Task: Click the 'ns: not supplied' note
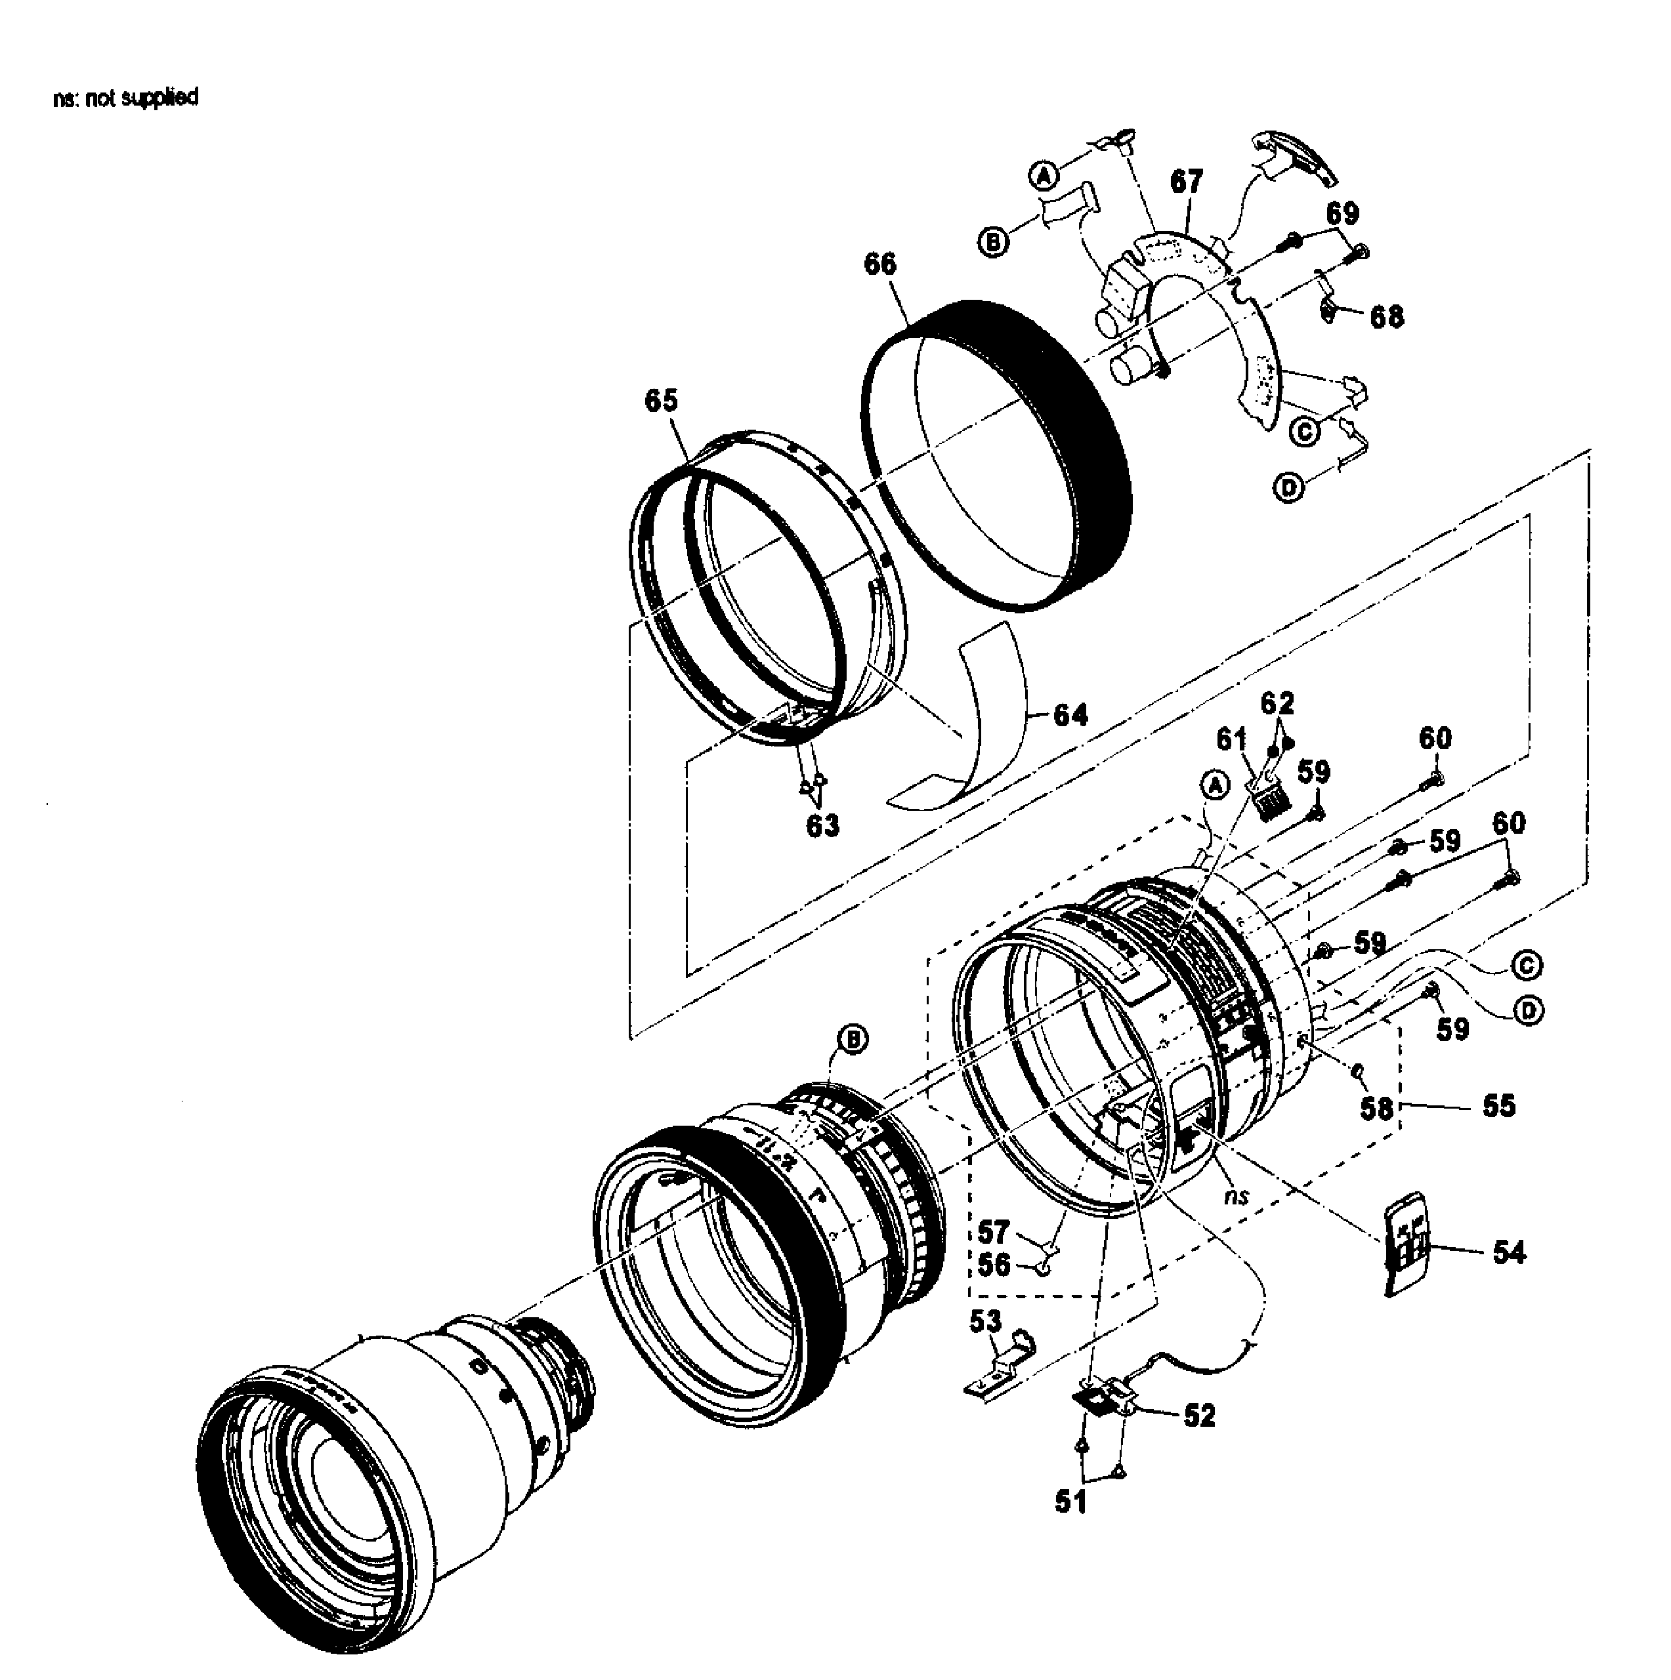click(125, 96)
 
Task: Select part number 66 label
click(879, 264)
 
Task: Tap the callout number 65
click(661, 400)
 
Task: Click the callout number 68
click(1387, 318)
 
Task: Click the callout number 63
click(822, 825)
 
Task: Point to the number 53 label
click(986, 1322)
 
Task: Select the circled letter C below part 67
click(1304, 430)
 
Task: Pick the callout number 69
click(1343, 213)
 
